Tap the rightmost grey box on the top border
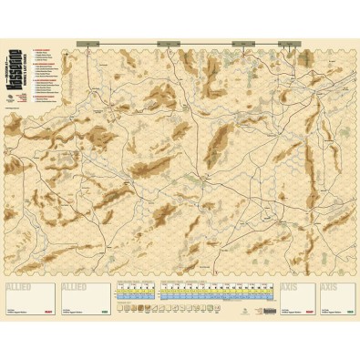click(290, 42)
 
